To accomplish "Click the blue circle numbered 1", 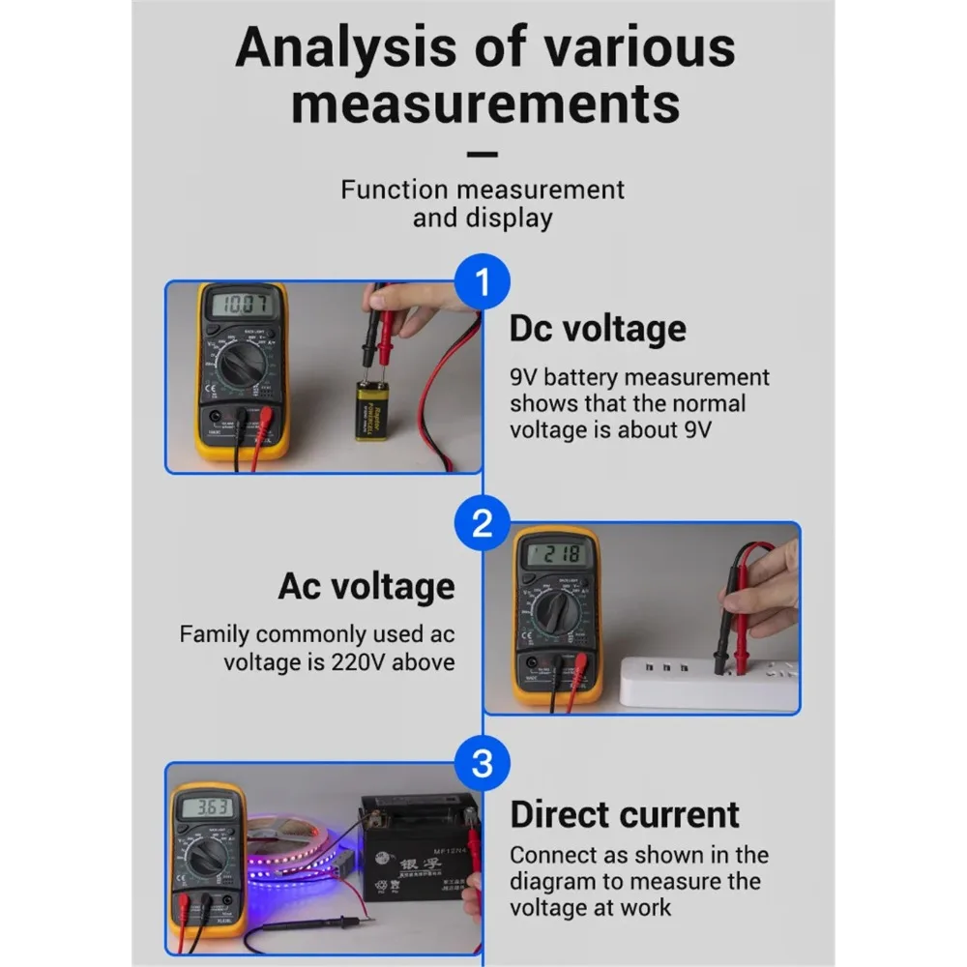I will (x=482, y=282).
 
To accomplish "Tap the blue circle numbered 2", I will (x=482, y=524).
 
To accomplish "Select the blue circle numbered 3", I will (x=482, y=765).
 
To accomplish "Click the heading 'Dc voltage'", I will (x=598, y=329).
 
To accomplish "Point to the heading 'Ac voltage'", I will (x=366, y=586).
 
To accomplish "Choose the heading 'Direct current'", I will (x=625, y=814).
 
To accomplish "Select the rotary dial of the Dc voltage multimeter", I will (x=240, y=368).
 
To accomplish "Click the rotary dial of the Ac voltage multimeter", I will (x=559, y=614).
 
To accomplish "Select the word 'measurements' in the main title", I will (x=484, y=103).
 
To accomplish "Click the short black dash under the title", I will (x=482, y=154).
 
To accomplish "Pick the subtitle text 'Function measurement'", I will (x=482, y=189).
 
